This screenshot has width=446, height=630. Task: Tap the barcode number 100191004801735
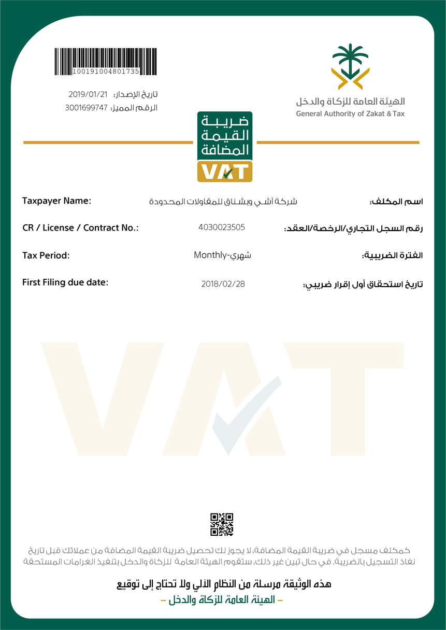pos(106,71)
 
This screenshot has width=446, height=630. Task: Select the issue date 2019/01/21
pos(88,94)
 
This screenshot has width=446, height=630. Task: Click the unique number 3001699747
pos(86,108)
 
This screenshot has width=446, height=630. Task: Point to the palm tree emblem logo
pos(350,66)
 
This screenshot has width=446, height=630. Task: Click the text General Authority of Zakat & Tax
pos(350,114)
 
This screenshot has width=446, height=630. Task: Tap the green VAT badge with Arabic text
pos(225,136)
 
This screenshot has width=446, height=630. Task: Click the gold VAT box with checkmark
pos(225,171)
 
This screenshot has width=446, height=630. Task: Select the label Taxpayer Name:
pos(56,201)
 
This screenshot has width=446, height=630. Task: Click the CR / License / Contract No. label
pos(80,227)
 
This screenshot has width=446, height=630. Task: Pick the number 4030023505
pos(222,227)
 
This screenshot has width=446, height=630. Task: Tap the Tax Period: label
pos(46,255)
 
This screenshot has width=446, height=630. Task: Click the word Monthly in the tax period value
pos(210,255)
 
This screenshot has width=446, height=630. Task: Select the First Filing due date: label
pos(65,282)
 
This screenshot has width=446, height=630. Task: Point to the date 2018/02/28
pos(223,284)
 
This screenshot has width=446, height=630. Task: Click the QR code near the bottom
pos(222,524)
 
